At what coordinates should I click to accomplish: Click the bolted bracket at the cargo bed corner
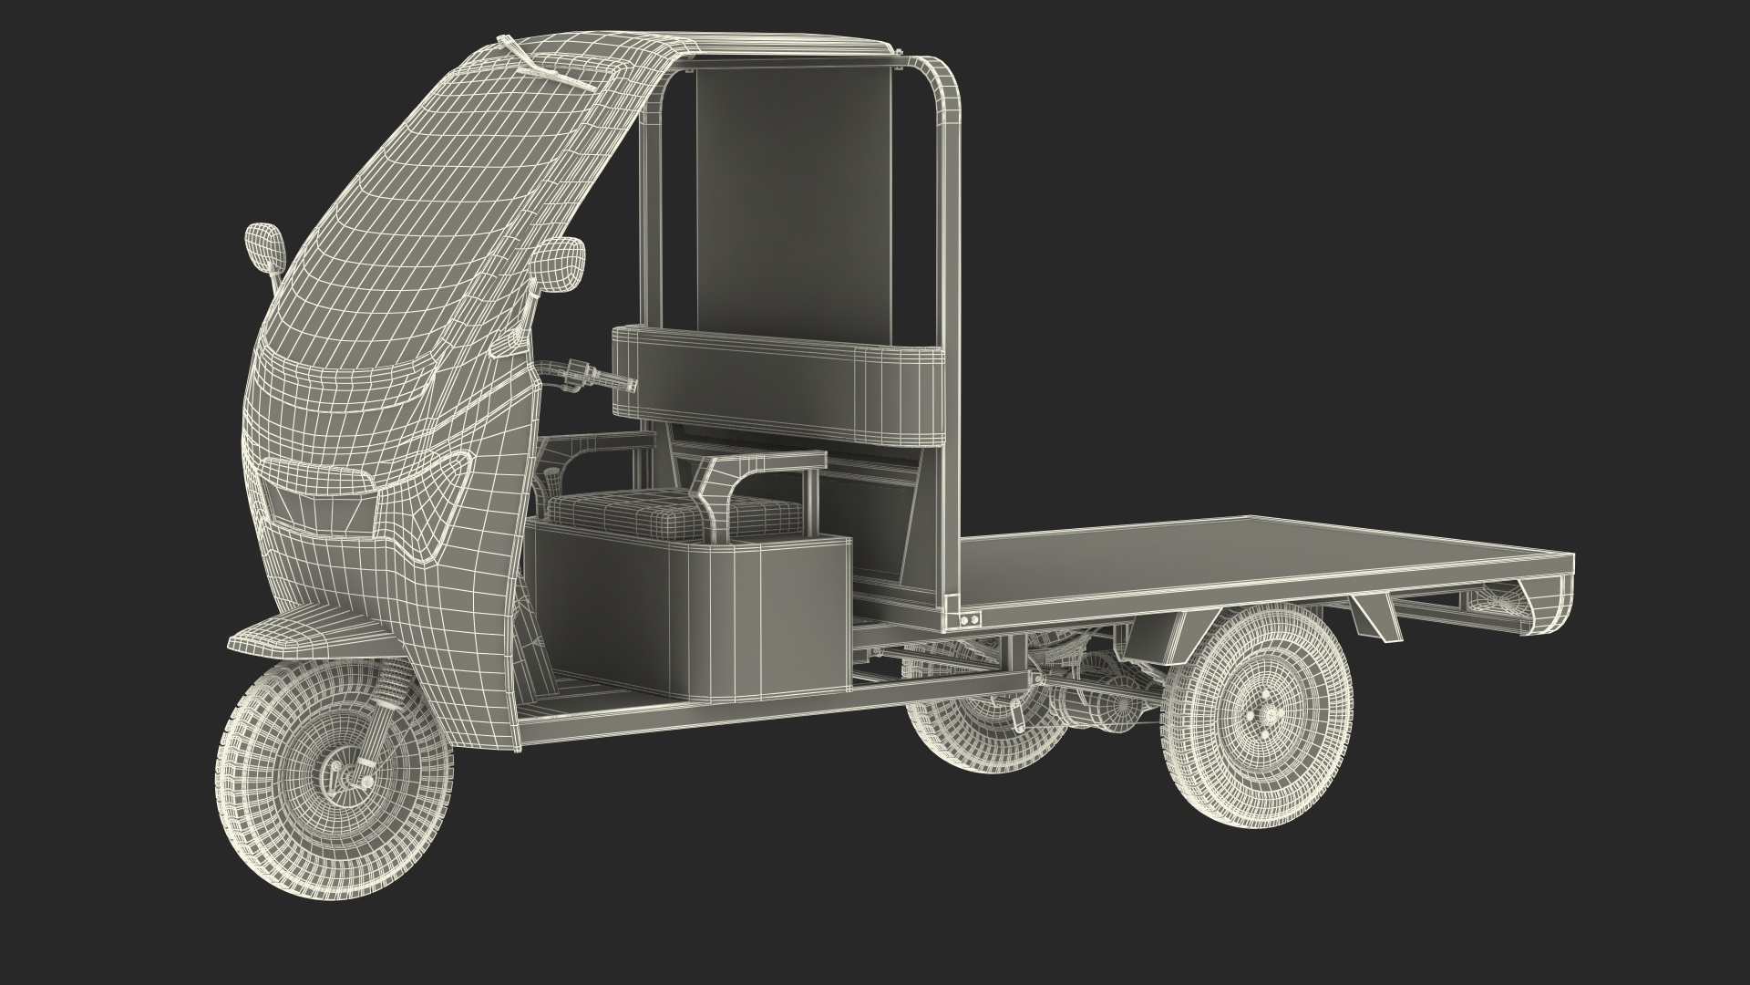pyautogui.click(x=964, y=620)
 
